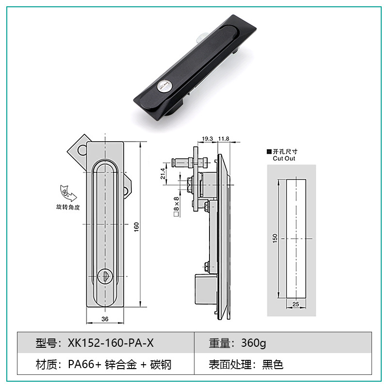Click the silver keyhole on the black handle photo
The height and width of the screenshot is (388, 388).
click(x=163, y=87)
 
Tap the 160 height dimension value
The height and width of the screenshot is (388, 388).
click(x=137, y=226)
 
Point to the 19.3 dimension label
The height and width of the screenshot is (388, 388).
click(x=207, y=139)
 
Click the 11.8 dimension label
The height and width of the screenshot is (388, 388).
click(x=224, y=139)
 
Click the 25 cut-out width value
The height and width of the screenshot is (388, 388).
click(x=296, y=304)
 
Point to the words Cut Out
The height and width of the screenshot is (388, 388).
click(x=284, y=159)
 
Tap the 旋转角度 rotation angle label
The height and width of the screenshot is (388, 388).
click(x=68, y=207)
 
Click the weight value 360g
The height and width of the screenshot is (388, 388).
click(x=254, y=343)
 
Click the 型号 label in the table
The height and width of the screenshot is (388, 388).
click(x=47, y=343)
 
